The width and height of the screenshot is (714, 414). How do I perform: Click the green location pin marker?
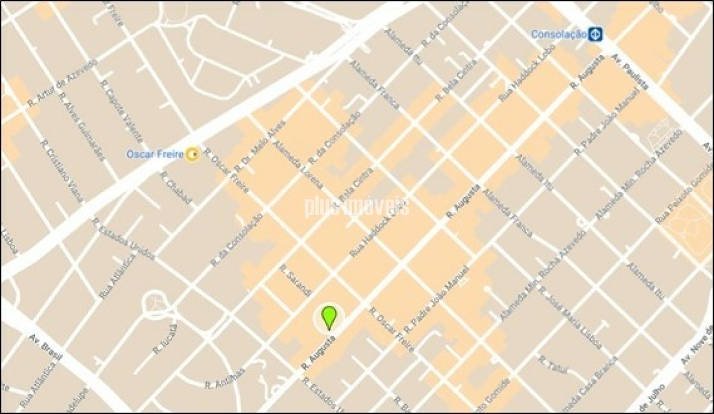[x=330, y=317]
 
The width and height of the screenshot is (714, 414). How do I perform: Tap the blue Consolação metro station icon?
[x=596, y=35]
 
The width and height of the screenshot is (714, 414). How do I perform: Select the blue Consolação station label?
[x=558, y=35]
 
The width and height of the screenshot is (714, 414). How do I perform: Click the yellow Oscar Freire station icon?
[x=192, y=153]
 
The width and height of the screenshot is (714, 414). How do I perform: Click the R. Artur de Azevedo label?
[x=62, y=83]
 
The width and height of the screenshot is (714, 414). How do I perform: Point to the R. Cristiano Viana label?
[x=62, y=171]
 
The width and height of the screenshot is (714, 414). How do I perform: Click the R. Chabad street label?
[x=176, y=187]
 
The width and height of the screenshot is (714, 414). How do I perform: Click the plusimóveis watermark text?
[x=356, y=206]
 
